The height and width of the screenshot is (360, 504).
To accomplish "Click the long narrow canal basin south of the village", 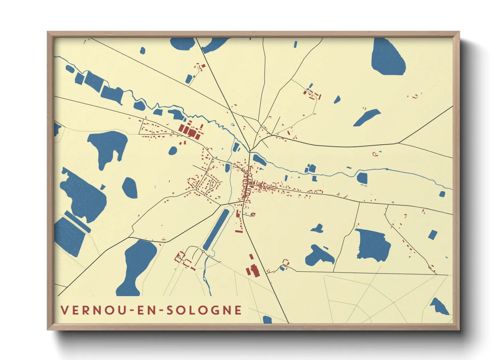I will click(x=216, y=229).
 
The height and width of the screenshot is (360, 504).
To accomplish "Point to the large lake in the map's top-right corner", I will click(x=388, y=58).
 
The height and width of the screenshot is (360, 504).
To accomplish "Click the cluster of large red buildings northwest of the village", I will click(x=189, y=131).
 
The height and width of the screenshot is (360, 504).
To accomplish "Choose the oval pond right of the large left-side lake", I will click(x=130, y=187).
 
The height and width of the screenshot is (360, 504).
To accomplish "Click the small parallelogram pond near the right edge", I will click(x=432, y=235).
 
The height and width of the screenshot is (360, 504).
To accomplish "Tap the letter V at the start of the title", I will click(x=64, y=310).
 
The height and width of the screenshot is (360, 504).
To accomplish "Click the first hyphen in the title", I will click(x=131, y=310).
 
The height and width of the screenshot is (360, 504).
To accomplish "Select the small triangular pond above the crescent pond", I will click(x=337, y=99).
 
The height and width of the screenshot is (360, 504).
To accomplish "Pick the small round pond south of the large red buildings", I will click(x=173, y=150).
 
